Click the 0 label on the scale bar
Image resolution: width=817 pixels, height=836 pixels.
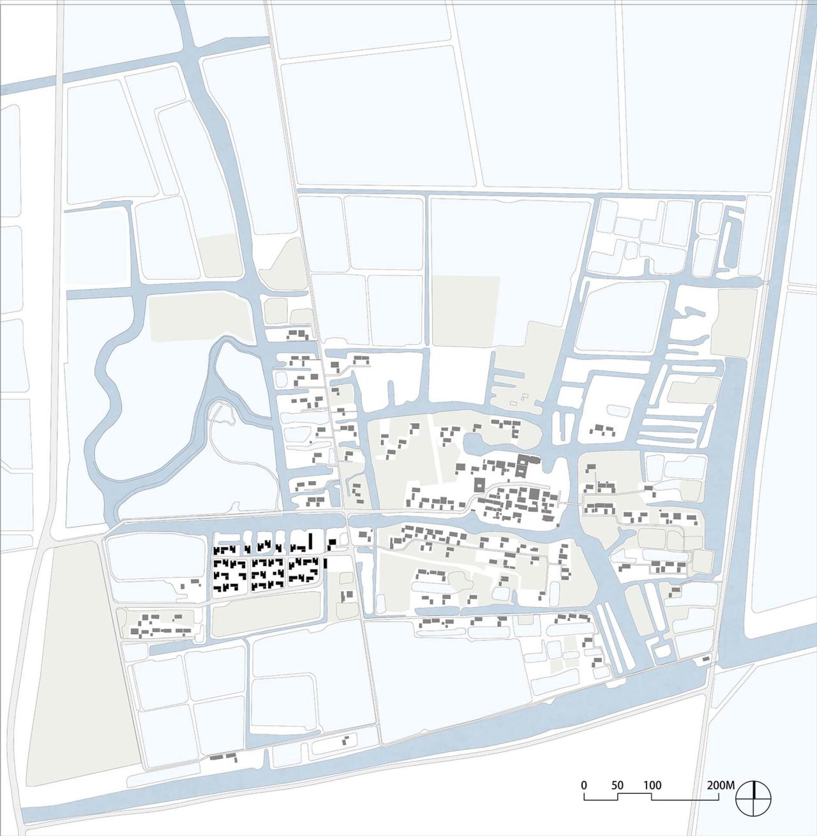[x=584, y=785]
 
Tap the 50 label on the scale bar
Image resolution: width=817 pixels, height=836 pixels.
[x=617, y=785]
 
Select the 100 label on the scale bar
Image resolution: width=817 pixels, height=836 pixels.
[x=652, y=785]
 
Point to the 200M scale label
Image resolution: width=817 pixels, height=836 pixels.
[x=722, y=785]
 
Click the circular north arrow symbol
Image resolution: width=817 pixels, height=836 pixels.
[x=754, y=798]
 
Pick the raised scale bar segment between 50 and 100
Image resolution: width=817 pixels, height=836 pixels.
[x=634, y=795]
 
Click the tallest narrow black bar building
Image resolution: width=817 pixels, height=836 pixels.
[x=311, y=542]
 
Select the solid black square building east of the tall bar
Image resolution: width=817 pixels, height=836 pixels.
[x=332, y=543]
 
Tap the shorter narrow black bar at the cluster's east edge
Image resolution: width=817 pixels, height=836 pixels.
[x=325, y=564]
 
